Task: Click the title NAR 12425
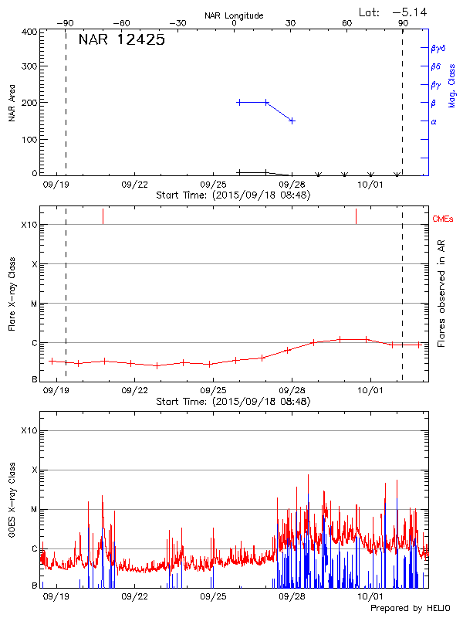coord(122,40)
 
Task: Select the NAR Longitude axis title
coord(235,15)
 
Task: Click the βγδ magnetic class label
coord(438,48)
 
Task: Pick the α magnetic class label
coord(434,121)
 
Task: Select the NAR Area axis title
coord(12,104)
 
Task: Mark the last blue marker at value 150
coord(292,121)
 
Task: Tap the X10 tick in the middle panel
coord(29,225)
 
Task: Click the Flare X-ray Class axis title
coord(12,294)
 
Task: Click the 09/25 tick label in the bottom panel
coord(213,596)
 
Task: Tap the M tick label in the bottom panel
coord(34,509)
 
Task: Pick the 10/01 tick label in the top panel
coord(370,185)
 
